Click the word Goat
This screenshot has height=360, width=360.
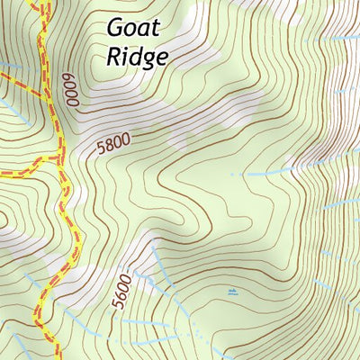click(133, 28)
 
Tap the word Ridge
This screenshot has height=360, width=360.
click(138, 57)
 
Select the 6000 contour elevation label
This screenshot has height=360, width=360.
click(70, 91)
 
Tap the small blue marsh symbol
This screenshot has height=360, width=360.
click(233, 292)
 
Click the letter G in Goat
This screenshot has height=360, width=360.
click(115, 28)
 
